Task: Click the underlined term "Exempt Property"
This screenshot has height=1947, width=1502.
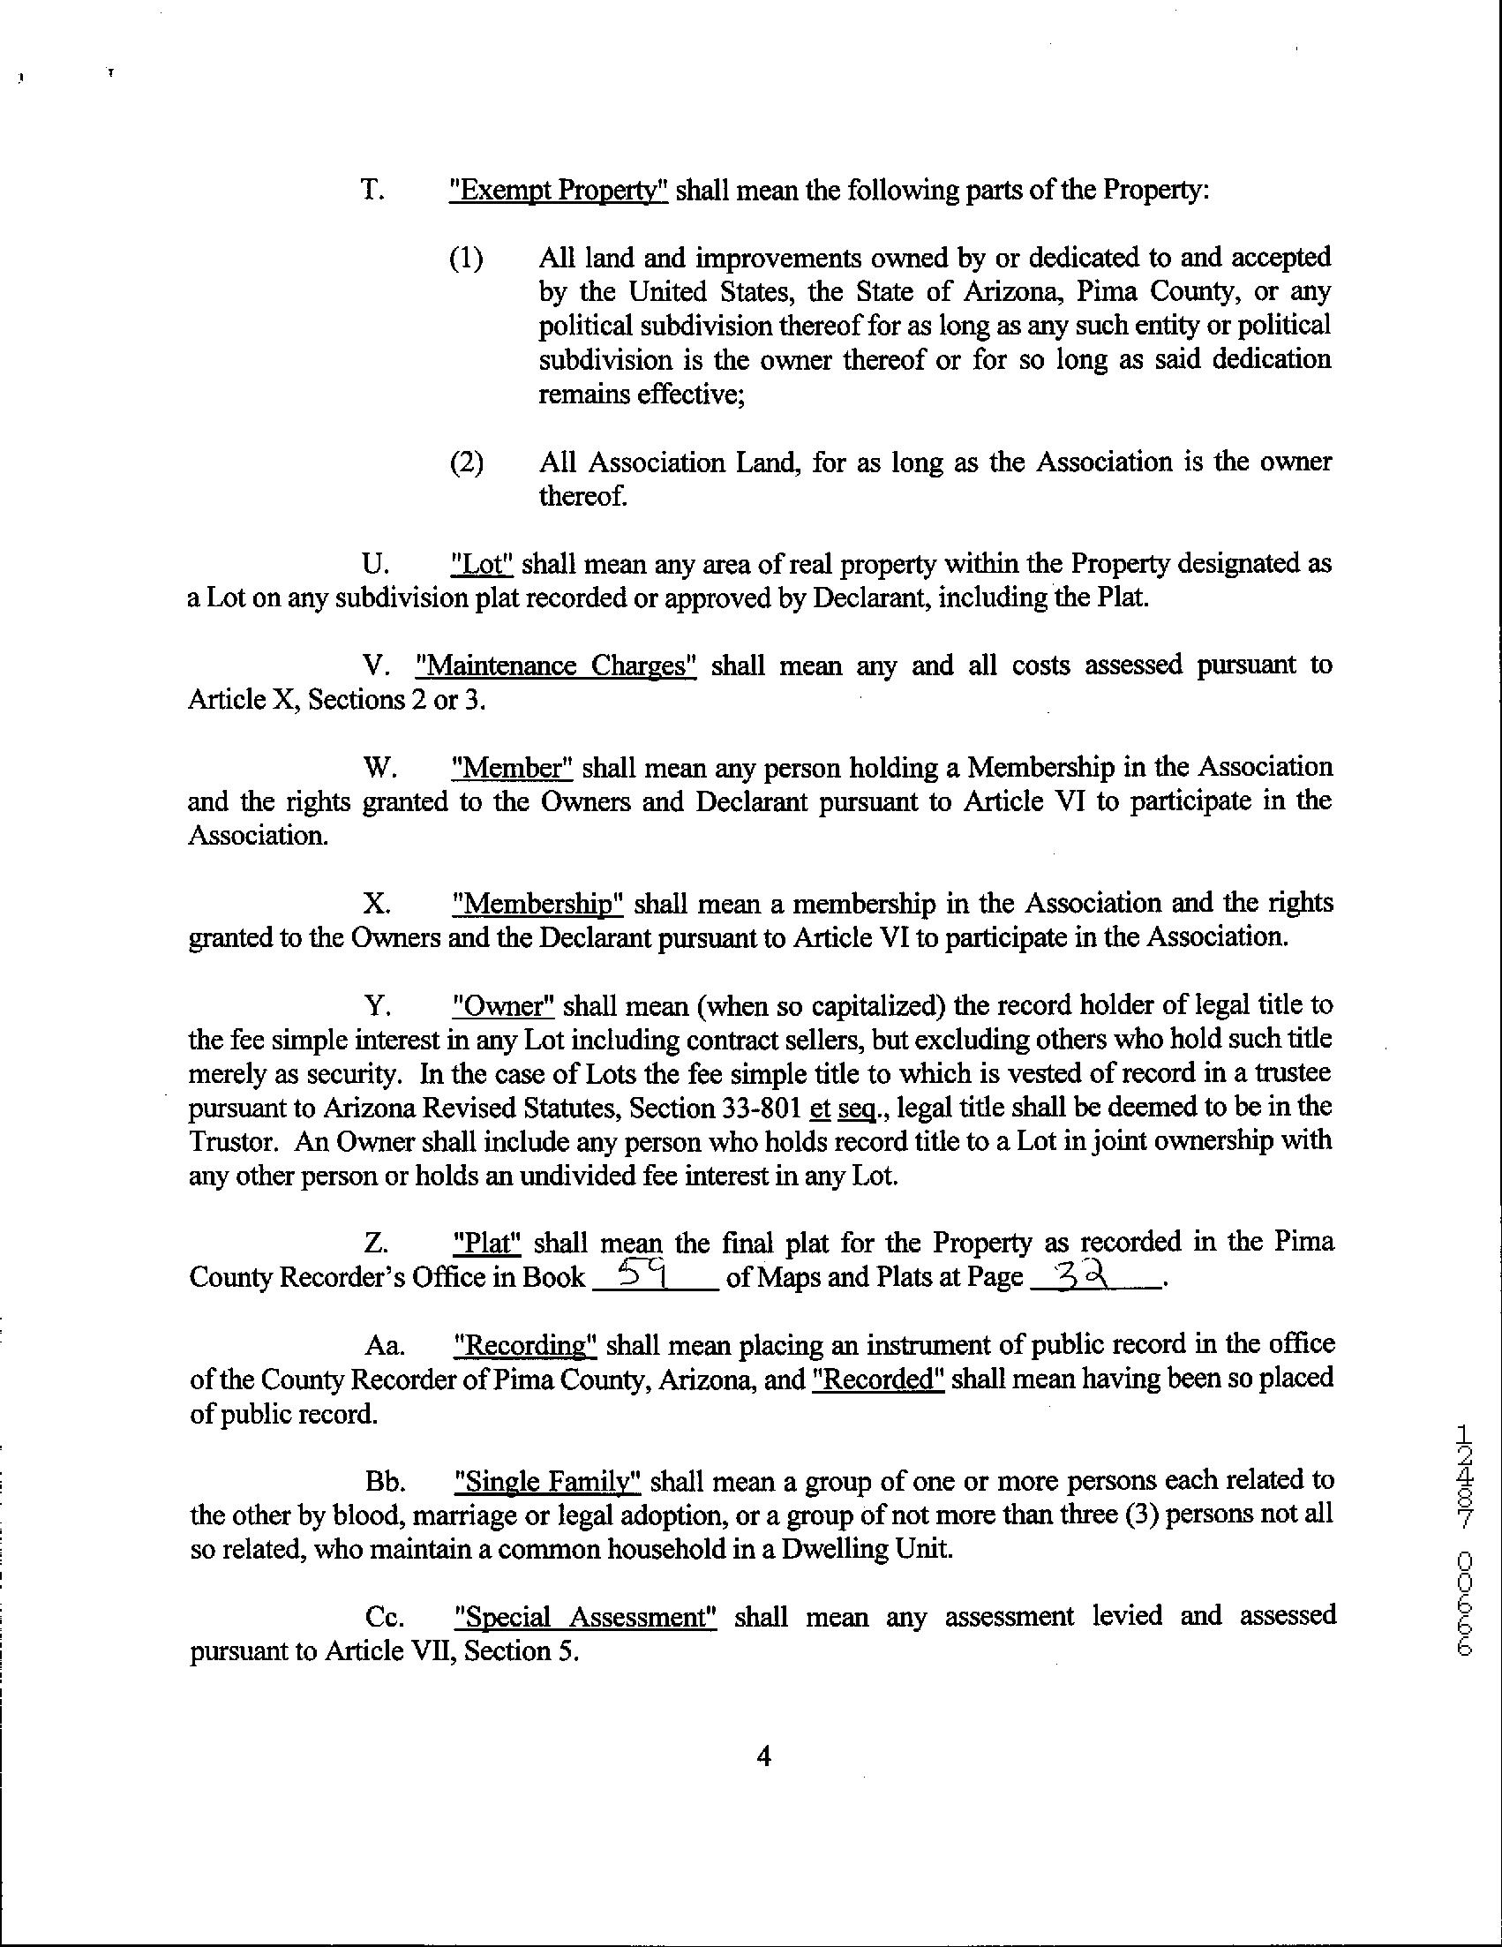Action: point(559,192)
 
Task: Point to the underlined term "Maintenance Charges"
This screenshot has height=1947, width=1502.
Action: point(555,666)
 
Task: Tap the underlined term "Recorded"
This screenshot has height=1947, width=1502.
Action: point(879,1379)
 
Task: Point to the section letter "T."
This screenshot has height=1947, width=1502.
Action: point(372,192)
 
